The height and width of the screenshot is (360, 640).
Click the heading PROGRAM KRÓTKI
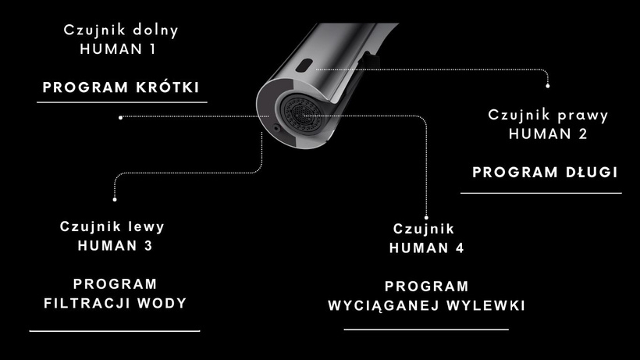tap(121, 87)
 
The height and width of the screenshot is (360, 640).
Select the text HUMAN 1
tap(118, 49)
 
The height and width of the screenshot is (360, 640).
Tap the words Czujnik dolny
tap(121, 31)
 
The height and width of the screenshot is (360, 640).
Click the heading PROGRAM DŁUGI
tap(545, 172)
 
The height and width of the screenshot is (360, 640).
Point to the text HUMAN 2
tap(548, 134)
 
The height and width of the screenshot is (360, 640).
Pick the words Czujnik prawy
tap(548, 116)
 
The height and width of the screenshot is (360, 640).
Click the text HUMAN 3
tap(115, 246)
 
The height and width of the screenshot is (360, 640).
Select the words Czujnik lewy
tap(112, 227)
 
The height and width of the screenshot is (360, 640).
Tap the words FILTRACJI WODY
tap(115, 303)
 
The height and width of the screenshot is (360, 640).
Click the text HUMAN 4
tap(426, 248)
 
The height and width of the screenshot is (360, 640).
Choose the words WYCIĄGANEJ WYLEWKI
tap(426, 305)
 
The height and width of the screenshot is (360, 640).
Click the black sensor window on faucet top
tap(304, 65)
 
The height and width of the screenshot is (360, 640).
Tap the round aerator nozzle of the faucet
tap(301, 113)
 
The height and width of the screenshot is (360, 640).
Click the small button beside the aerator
tap(277, 128)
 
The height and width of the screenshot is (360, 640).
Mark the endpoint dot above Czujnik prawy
tap(548, 86)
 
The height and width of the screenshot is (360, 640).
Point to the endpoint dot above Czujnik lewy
tap(115, 200)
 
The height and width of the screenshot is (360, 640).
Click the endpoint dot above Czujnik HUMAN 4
tap(426, 218)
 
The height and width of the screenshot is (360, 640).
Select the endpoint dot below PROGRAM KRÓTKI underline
tap(120, 118)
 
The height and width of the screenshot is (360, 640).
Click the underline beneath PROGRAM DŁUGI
tap(541, 193)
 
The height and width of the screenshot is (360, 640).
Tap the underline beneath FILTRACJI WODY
tap(115, 331)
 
